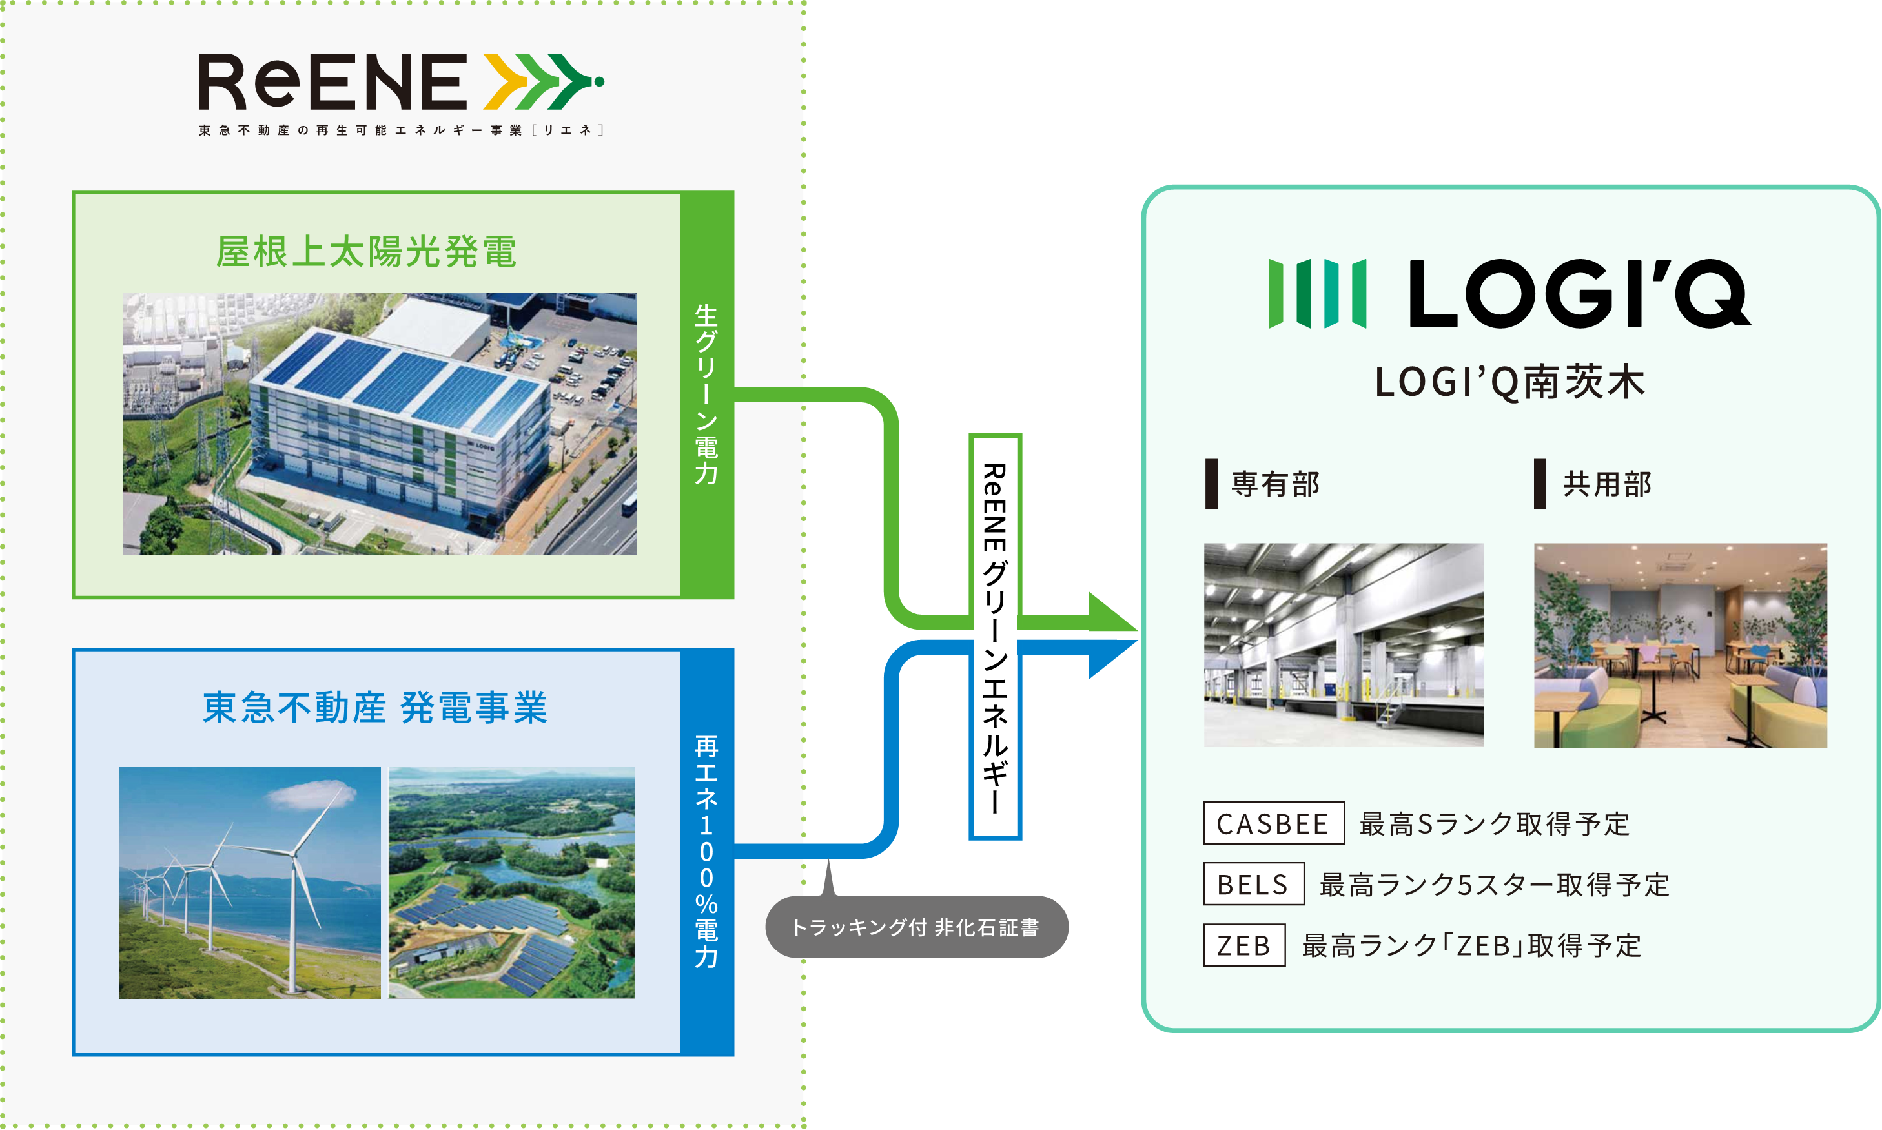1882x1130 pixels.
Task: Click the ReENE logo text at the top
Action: tap(332, 82)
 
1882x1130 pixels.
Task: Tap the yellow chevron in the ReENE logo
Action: tap(506, 81)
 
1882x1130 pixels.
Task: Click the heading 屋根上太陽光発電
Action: tap(366, 251)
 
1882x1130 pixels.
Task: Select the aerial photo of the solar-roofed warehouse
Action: tap(379, 424)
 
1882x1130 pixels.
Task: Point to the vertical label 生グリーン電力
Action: tap(706, 395)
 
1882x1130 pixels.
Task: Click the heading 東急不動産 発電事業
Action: tap(374, 708)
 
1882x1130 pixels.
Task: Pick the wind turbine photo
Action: tap(250, 882)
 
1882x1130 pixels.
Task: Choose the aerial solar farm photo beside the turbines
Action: tap(511, 882)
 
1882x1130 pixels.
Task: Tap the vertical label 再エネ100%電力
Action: tap(706, 851)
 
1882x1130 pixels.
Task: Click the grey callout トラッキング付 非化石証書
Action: tap(916, 927)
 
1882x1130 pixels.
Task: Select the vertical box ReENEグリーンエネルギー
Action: tap(994, 637)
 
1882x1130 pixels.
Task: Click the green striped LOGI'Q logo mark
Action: tap(1317, 294)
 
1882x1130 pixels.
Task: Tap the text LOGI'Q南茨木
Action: tap(1509, 382)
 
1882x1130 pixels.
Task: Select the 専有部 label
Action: tap(1274, 484)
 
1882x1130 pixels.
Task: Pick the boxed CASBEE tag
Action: tap(1273, 823)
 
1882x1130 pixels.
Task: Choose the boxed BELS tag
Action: tap(1253, 884)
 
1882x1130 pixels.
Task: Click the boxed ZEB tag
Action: tap(1243, 945)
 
